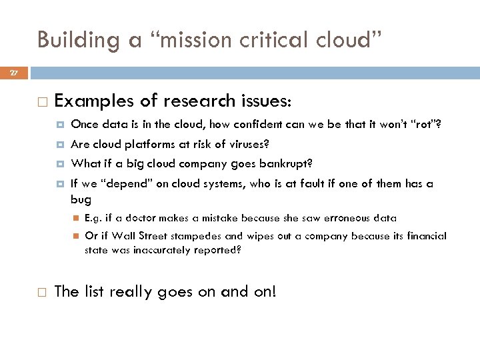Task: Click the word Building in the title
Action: (68, 41)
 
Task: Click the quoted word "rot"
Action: (427, 124)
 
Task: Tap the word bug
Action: (81, 199)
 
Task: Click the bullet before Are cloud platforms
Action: (60, 145)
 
